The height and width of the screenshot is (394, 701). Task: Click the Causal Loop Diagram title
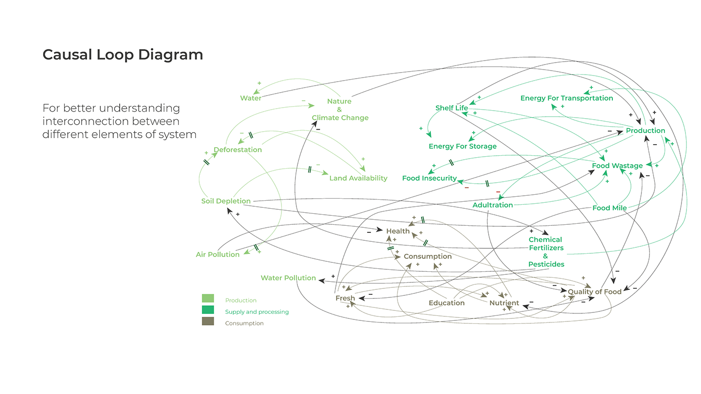tap(123, 55)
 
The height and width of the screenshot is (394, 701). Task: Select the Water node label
tap(250, 98)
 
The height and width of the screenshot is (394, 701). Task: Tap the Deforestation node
tap(238, 150)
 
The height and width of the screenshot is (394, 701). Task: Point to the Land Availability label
tap(358, 178)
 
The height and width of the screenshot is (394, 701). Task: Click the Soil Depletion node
tap(226, 201)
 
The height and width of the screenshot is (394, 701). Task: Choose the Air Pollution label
tap(218, 255)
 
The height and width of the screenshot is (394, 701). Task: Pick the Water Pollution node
tap(288, 278)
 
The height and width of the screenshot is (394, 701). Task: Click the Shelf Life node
tap(452, 108)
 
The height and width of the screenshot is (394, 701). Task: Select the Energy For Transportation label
tap(566, 98)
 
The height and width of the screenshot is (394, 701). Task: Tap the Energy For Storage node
tap(463, 147)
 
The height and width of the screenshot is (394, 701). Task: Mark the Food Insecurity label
tap(430, 178)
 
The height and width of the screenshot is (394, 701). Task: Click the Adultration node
tap(493, 205)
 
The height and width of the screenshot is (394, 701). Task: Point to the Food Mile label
tap(609, 208)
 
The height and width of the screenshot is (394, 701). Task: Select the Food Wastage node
tap(617, 166)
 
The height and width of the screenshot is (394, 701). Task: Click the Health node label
tap(398, 231)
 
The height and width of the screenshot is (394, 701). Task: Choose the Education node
tap(447, 303)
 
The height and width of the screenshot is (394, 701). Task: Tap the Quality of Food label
tap(594, 292)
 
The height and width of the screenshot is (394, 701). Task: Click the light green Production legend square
tap(208, 298)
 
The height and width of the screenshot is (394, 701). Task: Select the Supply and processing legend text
tap(257, 312)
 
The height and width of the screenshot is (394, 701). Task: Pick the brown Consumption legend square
tap(208, 321)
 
